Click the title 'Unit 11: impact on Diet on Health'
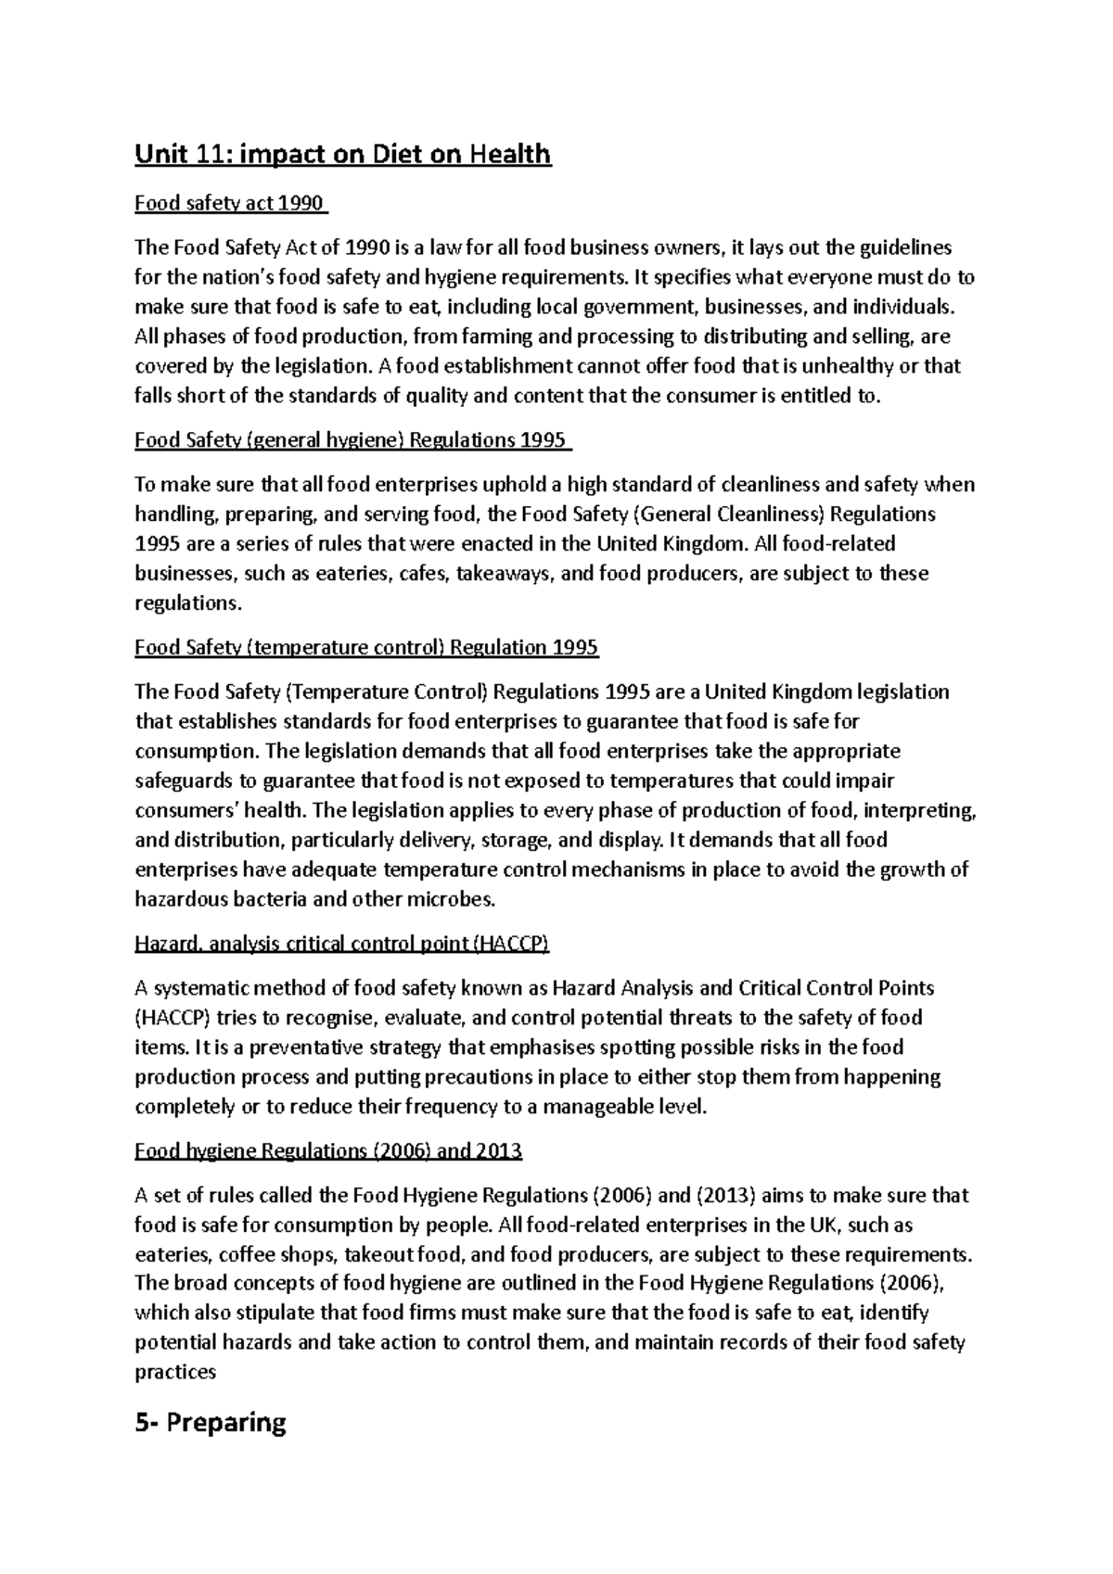pos(342,154)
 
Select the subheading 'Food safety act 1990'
pos(230,203)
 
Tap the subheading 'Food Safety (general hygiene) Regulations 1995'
pos(352,439)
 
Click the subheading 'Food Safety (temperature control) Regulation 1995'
pos(366,647)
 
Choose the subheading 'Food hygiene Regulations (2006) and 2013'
pos(328,1151)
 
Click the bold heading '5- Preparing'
pos(211,1422)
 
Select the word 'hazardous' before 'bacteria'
pos(179,900)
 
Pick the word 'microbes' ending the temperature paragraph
pos(454,900)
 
